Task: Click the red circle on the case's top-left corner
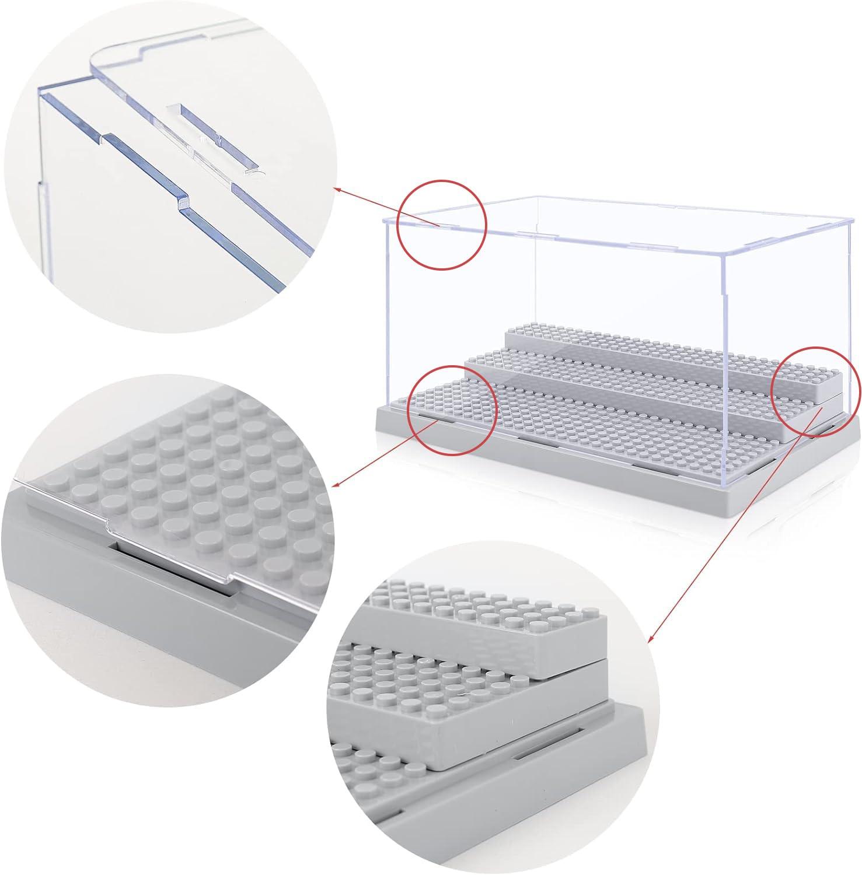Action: coord(441,225)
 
